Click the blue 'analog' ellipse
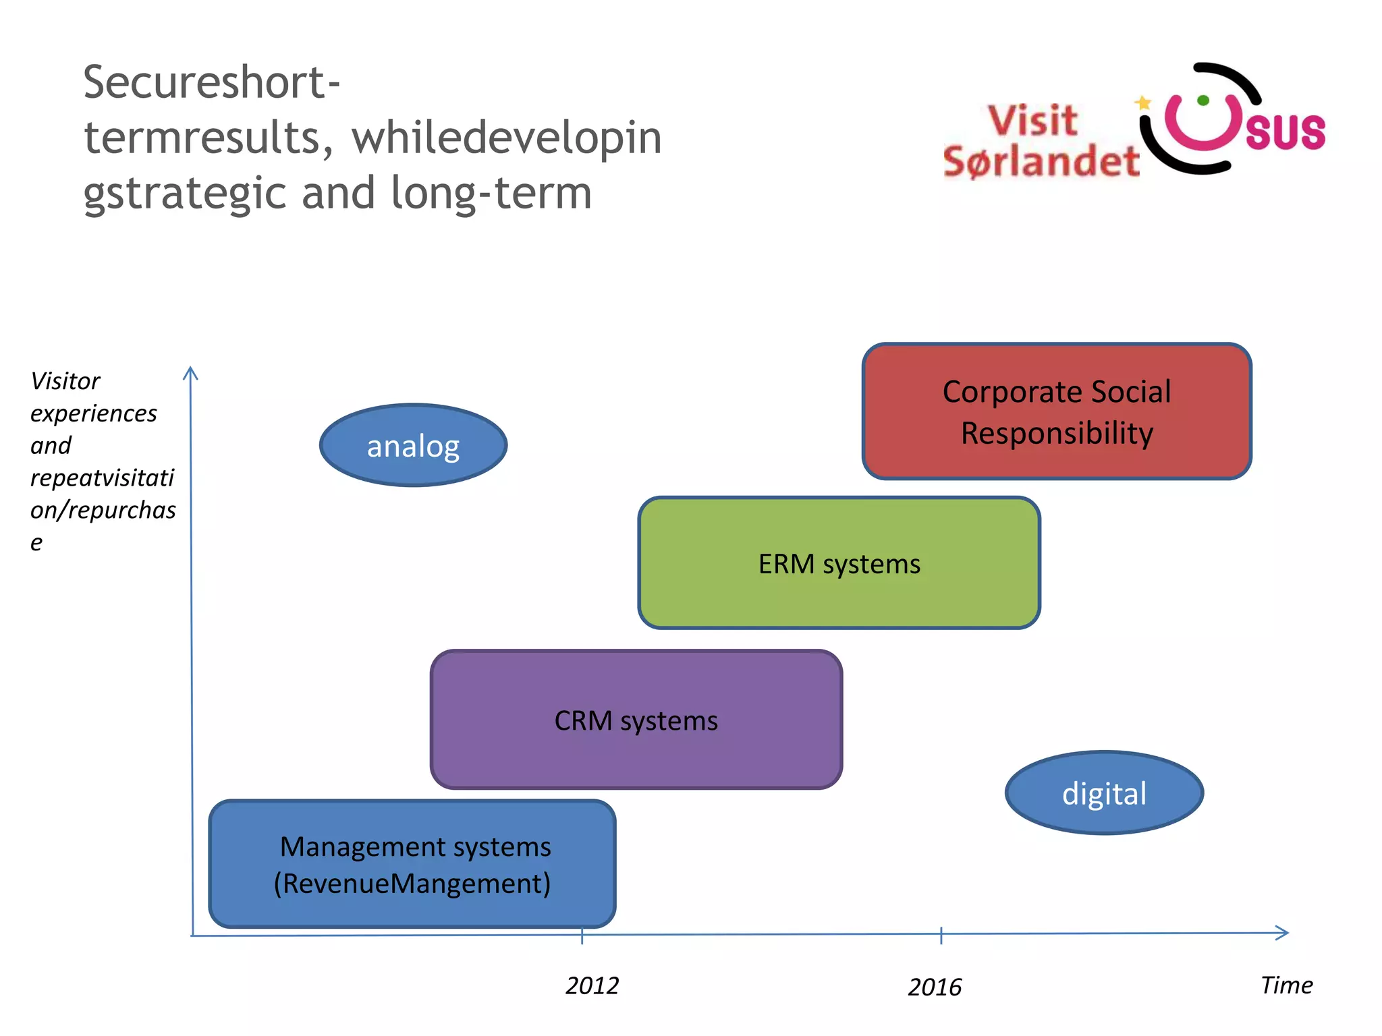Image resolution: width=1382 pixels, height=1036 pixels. (x=413, y=446)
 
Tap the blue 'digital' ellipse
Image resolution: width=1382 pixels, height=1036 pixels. (x=1104, y=793)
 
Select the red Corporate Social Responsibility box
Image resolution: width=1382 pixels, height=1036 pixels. (x=1057, y=411)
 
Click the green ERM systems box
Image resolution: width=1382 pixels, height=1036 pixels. (x=839, y=563)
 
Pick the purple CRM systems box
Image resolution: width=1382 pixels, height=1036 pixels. (x=636, y=720)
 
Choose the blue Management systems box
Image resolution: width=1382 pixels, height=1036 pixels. (x=412, y=864)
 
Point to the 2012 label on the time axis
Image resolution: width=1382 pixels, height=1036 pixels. (x=592, y=986)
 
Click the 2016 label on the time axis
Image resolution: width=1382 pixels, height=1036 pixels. (x=934, y=987)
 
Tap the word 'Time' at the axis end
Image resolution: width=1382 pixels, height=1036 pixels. (x=1287, y=985)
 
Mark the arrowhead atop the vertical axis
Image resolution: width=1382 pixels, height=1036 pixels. (x=190, y=373)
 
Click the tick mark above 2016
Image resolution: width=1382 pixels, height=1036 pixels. (x=941, y=935)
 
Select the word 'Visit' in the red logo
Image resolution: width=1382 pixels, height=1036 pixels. (x=1032, y=121)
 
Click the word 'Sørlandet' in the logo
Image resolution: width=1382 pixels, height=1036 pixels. (x=1041, y=162)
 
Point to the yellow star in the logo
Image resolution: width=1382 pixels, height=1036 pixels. (x=1142, y=103)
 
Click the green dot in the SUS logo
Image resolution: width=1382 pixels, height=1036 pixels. (x=1203, y=100)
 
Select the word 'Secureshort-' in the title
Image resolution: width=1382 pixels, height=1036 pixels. (x=211, y=82)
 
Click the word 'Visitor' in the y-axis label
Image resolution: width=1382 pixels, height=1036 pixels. (x=65, y=381)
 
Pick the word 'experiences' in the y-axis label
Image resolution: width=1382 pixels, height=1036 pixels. (x=94, y=413)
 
